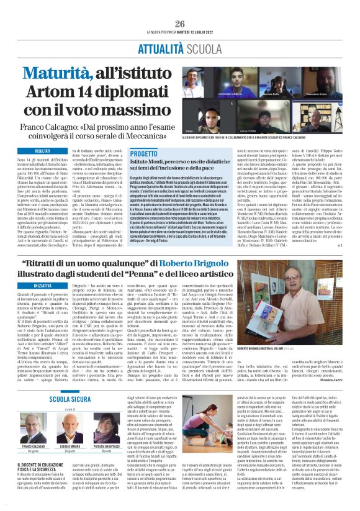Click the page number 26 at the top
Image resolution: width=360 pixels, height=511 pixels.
click(x=180, y=24)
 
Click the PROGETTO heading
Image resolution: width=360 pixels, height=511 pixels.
click(x=144, y=153)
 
